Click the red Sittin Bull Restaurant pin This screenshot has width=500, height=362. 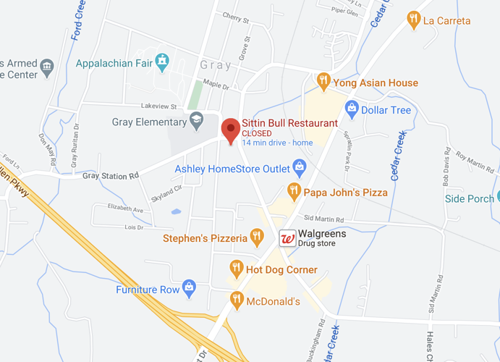click(x=230, y=130)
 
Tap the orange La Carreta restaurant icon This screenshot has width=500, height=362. click(x=413, y=20)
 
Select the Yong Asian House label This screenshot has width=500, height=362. click(x=375, y=83)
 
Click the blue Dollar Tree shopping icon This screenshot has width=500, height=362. click(x=352, y=110)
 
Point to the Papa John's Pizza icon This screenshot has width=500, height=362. click(x=293, y=192)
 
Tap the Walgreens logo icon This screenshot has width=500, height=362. click(x=287, y=238)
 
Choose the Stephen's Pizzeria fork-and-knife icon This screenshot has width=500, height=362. click(x=256, y=237)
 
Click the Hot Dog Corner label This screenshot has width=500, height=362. click(x=281, y=270)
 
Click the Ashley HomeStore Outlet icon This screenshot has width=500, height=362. click(x=298, y=169)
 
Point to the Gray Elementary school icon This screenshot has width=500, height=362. click(x=195, y=122)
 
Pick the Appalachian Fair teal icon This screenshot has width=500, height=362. click(x=164, y=62)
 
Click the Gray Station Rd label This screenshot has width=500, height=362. click(x=110, y=176)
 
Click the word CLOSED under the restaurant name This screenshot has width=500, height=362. click(x=257, y=133)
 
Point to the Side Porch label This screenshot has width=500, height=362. click(x=470, y=198)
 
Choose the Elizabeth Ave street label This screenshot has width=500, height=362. click(x=125, y=209)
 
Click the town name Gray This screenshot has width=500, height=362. click(x=216, y=65)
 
